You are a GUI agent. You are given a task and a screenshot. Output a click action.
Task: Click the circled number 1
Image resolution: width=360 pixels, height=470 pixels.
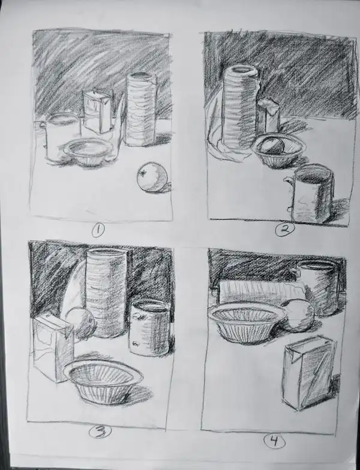(98, 228)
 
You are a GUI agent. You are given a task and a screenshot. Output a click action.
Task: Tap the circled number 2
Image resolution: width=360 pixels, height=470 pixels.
(283, 228)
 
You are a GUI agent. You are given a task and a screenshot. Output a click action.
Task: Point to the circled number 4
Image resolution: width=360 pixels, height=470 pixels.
(274, 442)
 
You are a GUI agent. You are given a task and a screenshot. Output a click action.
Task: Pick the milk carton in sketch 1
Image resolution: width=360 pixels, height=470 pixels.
(97, 112)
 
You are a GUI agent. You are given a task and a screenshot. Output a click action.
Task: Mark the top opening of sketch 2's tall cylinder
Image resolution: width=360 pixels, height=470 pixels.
(242, 72)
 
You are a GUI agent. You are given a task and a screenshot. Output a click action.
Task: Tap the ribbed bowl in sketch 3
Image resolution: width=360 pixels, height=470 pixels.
(103, 381)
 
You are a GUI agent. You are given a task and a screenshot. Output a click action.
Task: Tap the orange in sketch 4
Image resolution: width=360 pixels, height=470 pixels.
(298, 315)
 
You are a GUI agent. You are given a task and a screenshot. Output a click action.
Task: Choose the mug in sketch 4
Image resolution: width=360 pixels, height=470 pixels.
(320, 287)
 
